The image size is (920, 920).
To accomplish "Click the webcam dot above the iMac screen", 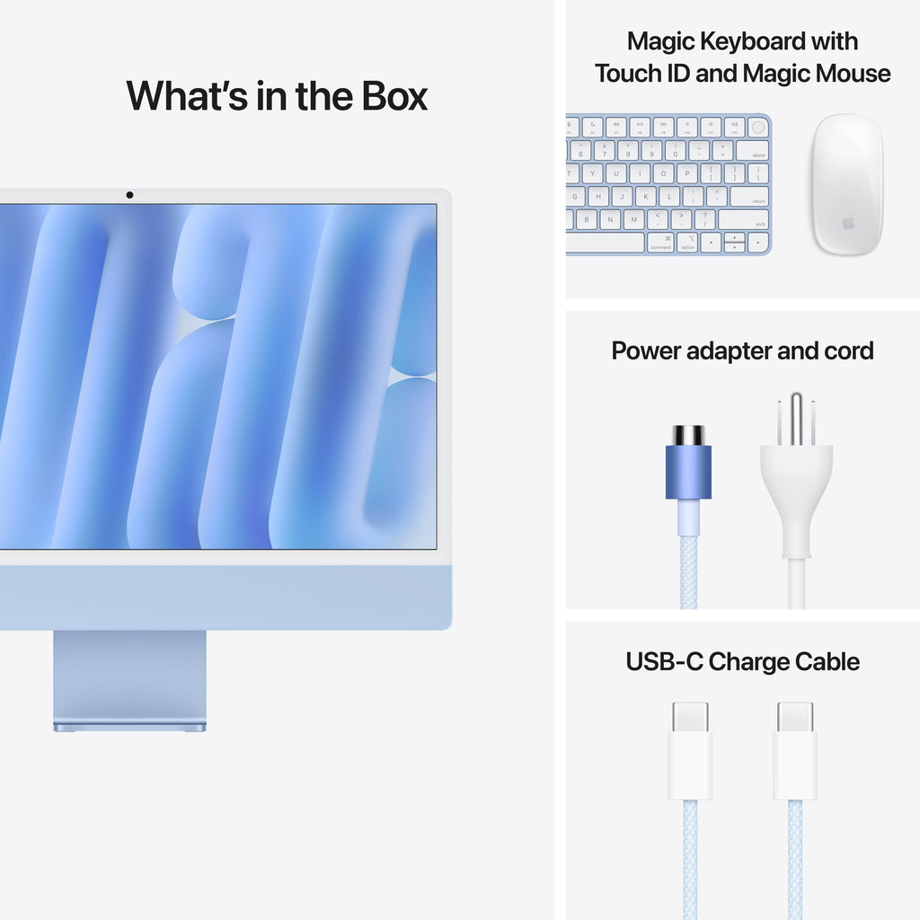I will click(x=129, y=195).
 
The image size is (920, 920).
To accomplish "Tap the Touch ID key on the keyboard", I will click(x=757, y=128).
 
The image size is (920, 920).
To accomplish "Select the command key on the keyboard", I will click(x=660, y=243).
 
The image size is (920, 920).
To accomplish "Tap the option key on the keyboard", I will click(x=686, y=243).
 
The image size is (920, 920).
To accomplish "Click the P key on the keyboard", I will click(x=686, y=173).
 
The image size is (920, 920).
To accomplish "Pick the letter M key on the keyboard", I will click(x=633, y=219).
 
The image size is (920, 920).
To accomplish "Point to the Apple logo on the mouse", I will click(x=848, y=221).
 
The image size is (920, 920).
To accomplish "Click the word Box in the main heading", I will click(x=394, y=96).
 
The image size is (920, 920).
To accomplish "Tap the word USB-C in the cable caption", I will click(x=664, y=662).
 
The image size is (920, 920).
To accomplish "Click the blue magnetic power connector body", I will click(x=688, y=472).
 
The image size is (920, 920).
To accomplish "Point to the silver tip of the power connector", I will click(x=688, y=435).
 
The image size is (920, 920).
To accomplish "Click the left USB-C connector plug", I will click(x=690, y=750).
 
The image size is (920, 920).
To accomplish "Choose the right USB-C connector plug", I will click(x=795, y=750).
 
